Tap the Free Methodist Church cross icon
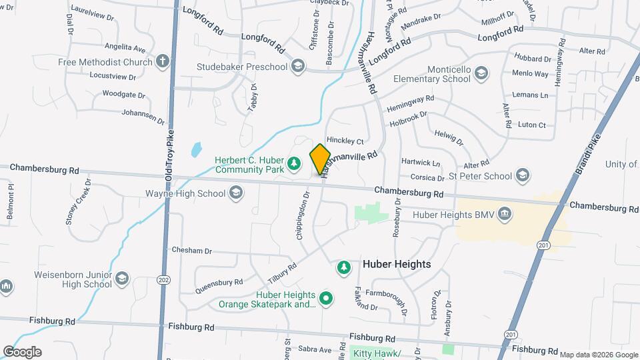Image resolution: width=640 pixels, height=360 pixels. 162,62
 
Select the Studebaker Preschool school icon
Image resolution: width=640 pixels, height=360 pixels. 297,67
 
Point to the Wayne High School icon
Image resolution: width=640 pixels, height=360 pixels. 235,194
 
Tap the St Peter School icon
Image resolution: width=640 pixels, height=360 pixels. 523,176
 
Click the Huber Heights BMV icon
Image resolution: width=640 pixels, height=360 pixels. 505,214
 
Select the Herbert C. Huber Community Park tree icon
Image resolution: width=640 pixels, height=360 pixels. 293,163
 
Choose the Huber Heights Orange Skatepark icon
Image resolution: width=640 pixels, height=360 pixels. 326,299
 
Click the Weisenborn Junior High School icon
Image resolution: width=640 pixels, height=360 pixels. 122,278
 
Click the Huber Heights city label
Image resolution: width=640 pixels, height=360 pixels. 397,264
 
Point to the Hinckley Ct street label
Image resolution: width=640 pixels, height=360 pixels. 345,141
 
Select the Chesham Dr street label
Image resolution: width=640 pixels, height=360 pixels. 191,251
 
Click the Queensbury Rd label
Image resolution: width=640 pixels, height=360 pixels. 219,286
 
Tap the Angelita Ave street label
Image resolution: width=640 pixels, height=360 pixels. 125,49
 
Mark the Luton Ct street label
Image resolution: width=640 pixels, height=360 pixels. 531,125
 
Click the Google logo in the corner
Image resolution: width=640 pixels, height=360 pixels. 22,351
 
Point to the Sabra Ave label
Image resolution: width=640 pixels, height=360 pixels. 315,349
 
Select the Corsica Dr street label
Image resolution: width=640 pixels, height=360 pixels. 427,178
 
